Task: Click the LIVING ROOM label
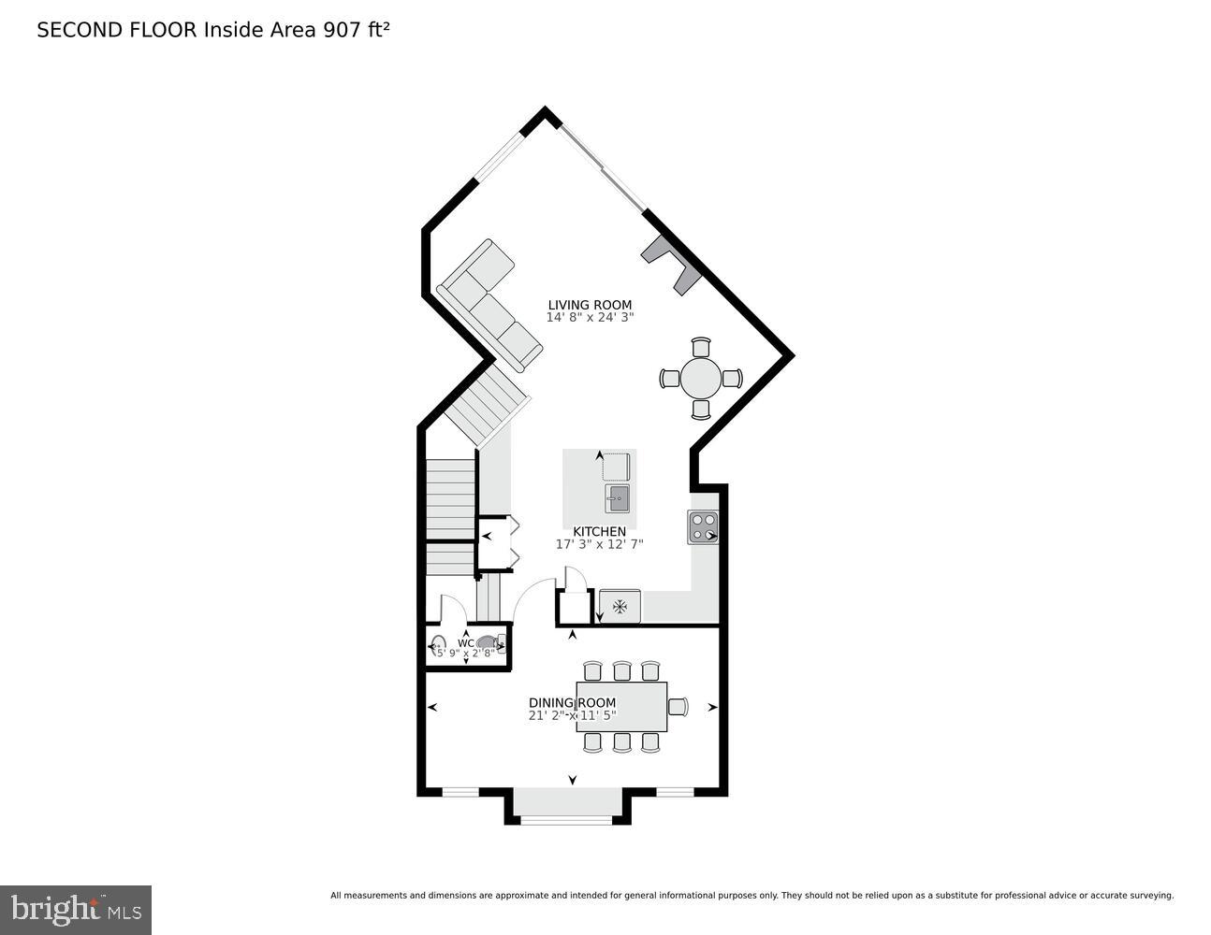pyautogui.click(x=590, y=305)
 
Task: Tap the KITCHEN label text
pyautogui.click(x=599, y=532)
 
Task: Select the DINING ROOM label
pyautogui.click(x=572, y=703)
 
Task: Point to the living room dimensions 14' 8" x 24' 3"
pyautogui.click(x=590, y=318)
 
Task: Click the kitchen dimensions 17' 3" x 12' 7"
pyautogui.click(x=599, y=544)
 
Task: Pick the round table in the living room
pyautogui.click(x=701, y=379)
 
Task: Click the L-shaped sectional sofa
pyautogui.click(x=487, y=304)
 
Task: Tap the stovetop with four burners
pyautogui.click(x=704, y=527)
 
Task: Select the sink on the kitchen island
pyautogui.click(x=617, y=499)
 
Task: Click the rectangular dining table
pyautogui.click(x=621, y=707)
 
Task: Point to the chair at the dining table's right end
pyautogui.click(x=678, y=707)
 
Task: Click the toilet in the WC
pyautogui.click(x=489, y=642)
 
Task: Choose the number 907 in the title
pyautogui.click(x=343, y=30)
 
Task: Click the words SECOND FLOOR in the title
pyautogui.click(x=117, y=30)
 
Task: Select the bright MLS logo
pyautogui.click(x=76, y=909)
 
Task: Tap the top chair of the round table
pyautogui.click(x=701, y=346)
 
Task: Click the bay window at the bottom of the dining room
pyautogui.click(x=566, y=818)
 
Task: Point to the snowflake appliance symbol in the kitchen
pyautogui.click(x=620, y=607)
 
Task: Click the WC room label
pyautogui.click(x=465, y=643)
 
